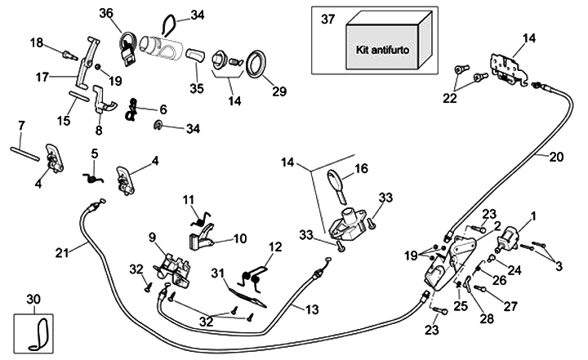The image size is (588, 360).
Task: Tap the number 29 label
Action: tap(279, 91)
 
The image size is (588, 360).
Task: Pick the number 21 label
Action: tap(62, 252)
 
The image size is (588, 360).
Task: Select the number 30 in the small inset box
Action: tap(32, 299)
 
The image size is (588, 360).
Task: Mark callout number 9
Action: tap(151, 238)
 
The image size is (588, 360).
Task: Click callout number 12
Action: tap(274, 246)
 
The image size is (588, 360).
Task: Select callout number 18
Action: tap(36, 42)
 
